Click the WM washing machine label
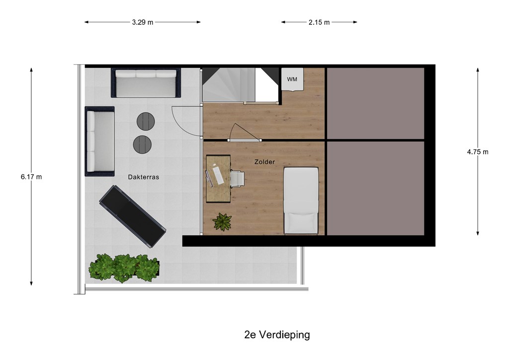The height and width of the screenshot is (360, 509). point(292,79)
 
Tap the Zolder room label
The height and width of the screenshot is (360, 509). point(264,162)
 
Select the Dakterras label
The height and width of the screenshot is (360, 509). point(144,177)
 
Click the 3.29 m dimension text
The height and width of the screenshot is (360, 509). point(143,22)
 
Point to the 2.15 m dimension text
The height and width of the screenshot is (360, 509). point(319,22)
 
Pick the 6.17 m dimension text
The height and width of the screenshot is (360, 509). point(31,177)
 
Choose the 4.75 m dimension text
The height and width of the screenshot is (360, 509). point(478,152)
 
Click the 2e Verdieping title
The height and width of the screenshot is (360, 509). point(277,335)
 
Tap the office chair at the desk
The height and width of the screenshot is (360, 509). point(237,179)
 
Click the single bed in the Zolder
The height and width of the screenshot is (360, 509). point(301,200)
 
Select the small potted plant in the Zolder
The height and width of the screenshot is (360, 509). point(222,222)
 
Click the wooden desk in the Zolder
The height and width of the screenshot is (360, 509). point(219,179)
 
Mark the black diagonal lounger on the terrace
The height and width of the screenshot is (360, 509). point(132,216)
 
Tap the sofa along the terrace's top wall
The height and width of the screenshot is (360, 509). point(146,83)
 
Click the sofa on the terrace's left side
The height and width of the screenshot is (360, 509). point(99,141)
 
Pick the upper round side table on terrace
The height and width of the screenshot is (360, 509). point(146,121)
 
